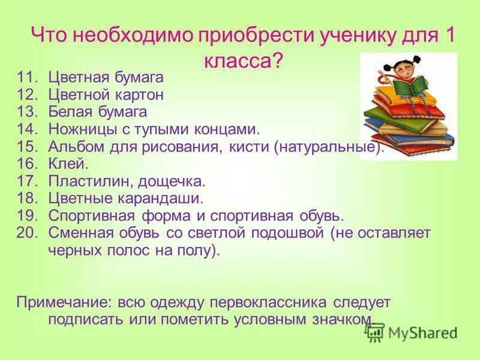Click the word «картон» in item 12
pos(142,95)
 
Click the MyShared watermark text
pos(421,332)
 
